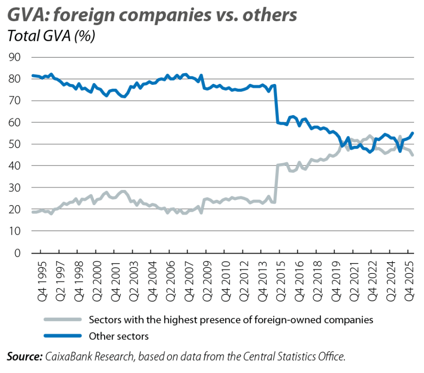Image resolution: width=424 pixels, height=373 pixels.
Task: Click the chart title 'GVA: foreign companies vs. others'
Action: [x=152, y=15]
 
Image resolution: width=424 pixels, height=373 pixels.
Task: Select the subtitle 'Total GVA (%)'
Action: [x=51, y=36]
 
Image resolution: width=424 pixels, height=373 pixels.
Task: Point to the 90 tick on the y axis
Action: [x=14, y=57]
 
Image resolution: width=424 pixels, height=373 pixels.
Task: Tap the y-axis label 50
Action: [x=14, y=144]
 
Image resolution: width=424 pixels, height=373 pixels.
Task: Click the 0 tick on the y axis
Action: [x=17, y=253]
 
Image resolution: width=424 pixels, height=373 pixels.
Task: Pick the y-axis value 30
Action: [x=14, y=188]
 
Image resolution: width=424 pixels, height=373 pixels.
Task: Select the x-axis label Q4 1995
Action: [x=42, y=282]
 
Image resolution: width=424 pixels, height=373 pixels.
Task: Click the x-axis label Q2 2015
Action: [x=281, y=282]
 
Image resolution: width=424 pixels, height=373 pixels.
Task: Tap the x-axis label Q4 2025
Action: [x=409, y=282]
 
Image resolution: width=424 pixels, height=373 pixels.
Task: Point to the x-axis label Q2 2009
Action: [x=207, y=282]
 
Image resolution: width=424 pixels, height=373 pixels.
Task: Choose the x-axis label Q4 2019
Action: [x=336, y=282]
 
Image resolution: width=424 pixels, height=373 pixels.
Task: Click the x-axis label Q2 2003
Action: [x=134, y=282]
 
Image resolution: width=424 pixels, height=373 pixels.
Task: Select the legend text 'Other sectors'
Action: [x=119, y=336]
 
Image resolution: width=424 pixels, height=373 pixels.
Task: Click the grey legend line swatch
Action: [x=63, y=320]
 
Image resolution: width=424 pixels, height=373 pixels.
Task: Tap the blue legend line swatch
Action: [x=63, y=336]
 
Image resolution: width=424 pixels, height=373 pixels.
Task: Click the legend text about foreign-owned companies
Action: [x=231, y=320]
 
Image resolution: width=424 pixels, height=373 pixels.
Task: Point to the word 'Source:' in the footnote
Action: [x=24, y=356]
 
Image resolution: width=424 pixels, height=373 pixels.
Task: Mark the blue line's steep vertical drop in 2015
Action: [x=276, y=104]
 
